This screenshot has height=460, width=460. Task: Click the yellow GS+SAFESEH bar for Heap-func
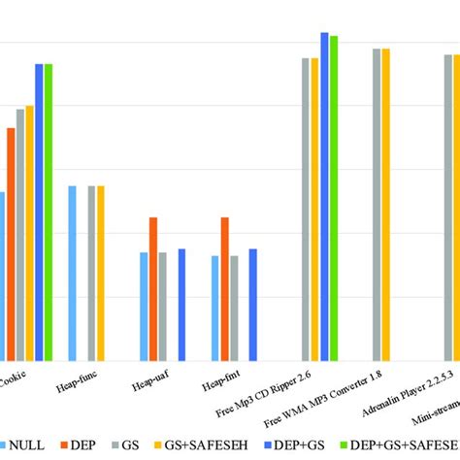click(101, 272)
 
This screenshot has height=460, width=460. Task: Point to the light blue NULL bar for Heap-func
click(73, 272)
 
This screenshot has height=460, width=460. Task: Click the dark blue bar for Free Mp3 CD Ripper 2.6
click(325, 195)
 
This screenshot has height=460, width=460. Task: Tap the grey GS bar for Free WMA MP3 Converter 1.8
click(377, 204)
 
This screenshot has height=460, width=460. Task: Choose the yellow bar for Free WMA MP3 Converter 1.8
click(385, 204)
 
